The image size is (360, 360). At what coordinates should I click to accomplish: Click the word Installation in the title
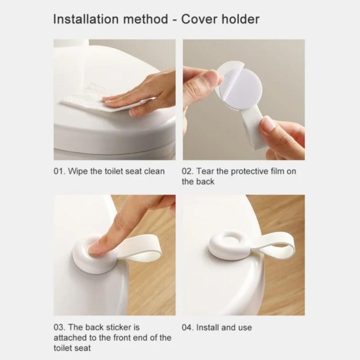[84, 19]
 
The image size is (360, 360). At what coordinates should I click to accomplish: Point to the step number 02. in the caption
[188, 171]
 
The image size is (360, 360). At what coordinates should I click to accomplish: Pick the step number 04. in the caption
[188, 328]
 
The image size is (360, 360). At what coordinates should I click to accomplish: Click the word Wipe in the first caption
[78, 171]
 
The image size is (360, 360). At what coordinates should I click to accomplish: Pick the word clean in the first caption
[154, 171]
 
